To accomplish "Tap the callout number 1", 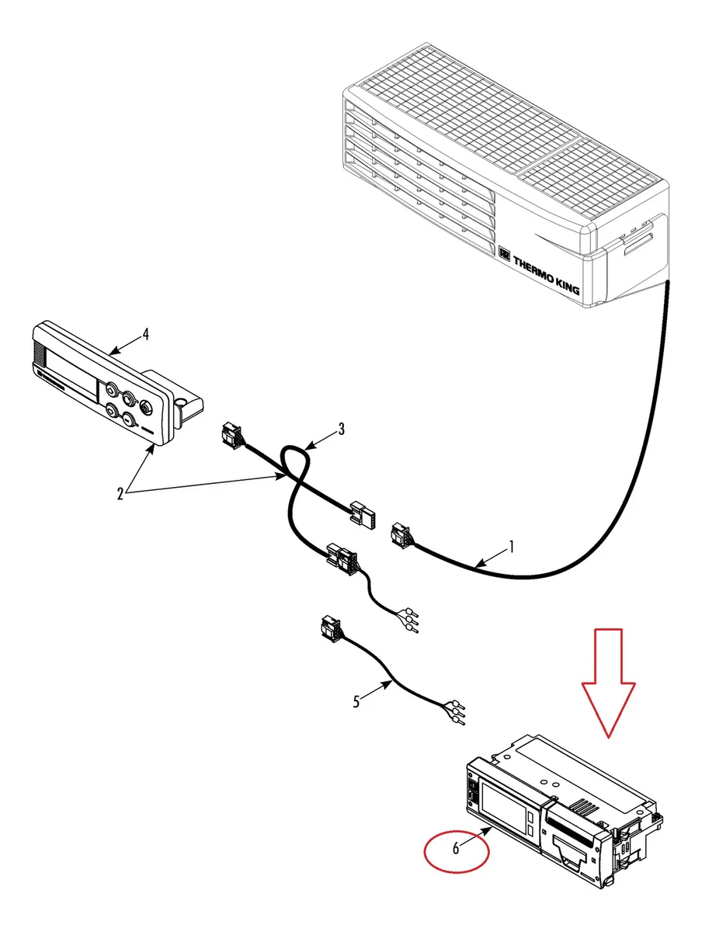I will click(x=511, y=547).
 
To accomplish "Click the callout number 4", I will click(x=145, y=335).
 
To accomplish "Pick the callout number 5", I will click(x=356, y=701).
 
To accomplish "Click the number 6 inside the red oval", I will click(x=456, y=848).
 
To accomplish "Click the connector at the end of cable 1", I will click(x=401, y=535).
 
